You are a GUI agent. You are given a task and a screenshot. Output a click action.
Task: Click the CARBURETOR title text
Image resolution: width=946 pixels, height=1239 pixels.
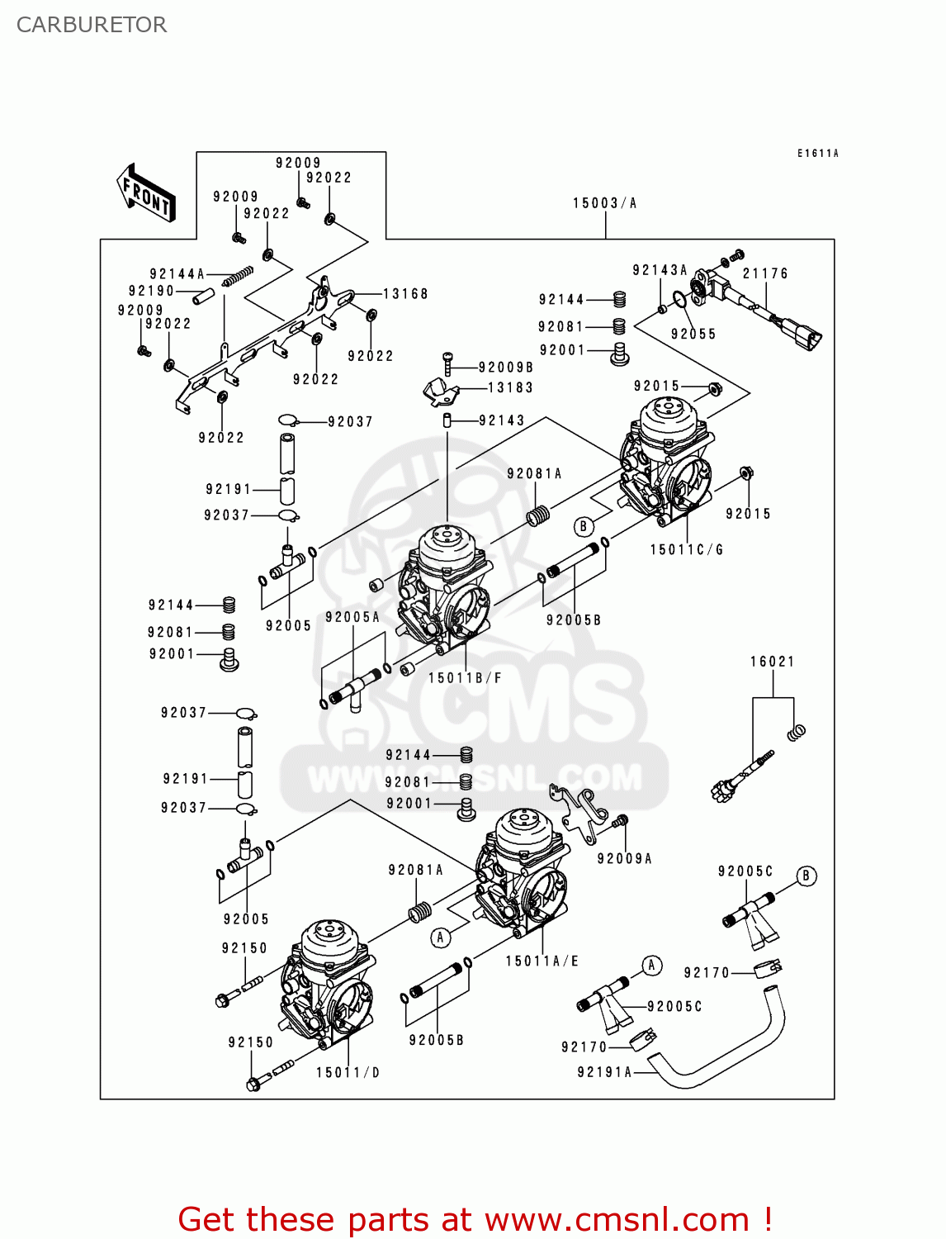92,25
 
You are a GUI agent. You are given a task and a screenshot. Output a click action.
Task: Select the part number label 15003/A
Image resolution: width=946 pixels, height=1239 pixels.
604,203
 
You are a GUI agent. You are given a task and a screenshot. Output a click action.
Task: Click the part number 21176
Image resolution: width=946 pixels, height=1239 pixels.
765,273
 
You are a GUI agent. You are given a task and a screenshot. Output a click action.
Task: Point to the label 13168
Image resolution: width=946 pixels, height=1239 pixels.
405,294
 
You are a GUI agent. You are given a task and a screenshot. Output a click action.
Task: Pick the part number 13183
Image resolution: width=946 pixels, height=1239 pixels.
510,387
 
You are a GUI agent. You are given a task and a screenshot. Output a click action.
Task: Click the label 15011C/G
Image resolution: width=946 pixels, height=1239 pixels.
686,549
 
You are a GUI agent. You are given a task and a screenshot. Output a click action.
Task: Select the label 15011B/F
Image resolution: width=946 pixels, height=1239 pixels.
465,678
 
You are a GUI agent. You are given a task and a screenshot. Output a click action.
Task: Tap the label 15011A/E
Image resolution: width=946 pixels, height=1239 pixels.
542,961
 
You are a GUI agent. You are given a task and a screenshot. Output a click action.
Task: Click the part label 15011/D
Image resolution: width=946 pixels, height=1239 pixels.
348,1072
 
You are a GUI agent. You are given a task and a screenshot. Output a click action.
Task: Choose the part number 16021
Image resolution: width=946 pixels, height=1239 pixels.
772,662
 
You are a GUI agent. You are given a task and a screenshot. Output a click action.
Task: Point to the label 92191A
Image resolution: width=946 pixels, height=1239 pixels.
604,1072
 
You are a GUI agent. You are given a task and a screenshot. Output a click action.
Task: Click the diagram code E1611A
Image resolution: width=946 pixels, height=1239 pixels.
817,154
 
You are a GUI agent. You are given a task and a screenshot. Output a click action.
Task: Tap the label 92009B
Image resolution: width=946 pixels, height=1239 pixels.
505,368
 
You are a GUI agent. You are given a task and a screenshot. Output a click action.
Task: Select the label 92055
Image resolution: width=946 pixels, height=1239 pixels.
693,334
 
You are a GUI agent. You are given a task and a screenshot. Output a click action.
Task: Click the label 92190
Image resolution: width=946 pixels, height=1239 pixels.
151,291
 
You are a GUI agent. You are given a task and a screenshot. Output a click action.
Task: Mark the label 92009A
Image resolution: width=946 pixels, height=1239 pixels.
624,859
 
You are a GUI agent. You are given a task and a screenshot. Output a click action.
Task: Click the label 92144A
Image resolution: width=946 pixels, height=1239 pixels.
177,274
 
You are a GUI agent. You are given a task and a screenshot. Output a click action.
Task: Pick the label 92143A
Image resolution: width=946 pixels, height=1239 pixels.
660,270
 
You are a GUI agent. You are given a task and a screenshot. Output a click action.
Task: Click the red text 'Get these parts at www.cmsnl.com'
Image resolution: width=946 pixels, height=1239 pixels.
475,1219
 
